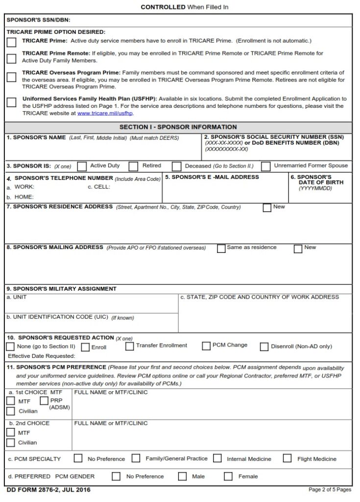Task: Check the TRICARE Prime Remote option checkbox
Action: tap(11, 58)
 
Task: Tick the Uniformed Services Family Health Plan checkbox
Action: tap(11, 102)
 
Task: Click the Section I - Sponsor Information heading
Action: tap(178, 127)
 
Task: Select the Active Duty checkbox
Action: tap(82, 166)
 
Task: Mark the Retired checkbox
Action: tap(134, 166)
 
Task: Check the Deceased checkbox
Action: tap(177, 167)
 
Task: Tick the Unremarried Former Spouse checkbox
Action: tap(265, 166)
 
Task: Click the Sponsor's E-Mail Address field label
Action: tap(212, 177)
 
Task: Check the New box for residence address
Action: tap(267, 207)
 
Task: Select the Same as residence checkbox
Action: tap(221, 249)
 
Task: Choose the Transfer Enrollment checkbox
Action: tap(129, 346)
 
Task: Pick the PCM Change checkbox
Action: tap(206, 346)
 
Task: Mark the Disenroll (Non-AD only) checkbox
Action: tap(264, 347)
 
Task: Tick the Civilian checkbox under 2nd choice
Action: tap(11, 443)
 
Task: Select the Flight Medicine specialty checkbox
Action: tap(288, 458)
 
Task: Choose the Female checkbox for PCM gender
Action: tap(228, 476)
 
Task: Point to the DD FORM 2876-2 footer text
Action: tap(48, 490)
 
